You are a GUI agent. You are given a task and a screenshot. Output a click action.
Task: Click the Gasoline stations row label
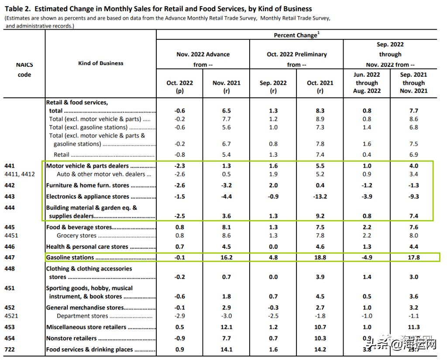point(70,257)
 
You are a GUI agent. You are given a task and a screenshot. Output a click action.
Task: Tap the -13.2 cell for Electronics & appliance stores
point(320,196)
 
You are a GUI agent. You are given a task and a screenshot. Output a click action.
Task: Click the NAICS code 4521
point(11,316)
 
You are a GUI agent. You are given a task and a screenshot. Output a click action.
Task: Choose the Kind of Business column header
point(100,63)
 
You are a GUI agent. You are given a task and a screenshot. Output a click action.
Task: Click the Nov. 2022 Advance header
point(203,54)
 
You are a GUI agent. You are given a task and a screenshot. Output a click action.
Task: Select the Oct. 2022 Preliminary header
point(296,54)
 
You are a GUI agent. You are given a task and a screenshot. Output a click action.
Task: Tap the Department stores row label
point(83,316)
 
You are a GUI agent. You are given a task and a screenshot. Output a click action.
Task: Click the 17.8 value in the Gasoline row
point(413,257)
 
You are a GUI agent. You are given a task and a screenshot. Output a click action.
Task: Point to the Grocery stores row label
point(76,236)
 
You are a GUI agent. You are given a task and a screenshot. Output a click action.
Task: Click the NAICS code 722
point(9,349)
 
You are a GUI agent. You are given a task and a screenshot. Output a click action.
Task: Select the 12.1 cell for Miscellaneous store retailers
point(226,327)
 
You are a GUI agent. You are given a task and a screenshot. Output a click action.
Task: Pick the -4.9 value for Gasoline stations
point(367,257)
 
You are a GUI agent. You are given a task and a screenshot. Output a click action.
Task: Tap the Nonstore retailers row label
point(72,338)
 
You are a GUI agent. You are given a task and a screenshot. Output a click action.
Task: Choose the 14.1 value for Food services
point(226,349)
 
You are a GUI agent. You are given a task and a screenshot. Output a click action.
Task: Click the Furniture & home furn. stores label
point(88,185)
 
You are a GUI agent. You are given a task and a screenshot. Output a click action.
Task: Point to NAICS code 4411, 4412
point(20,174)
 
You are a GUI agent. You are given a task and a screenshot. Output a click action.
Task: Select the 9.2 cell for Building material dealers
point(320,216)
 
